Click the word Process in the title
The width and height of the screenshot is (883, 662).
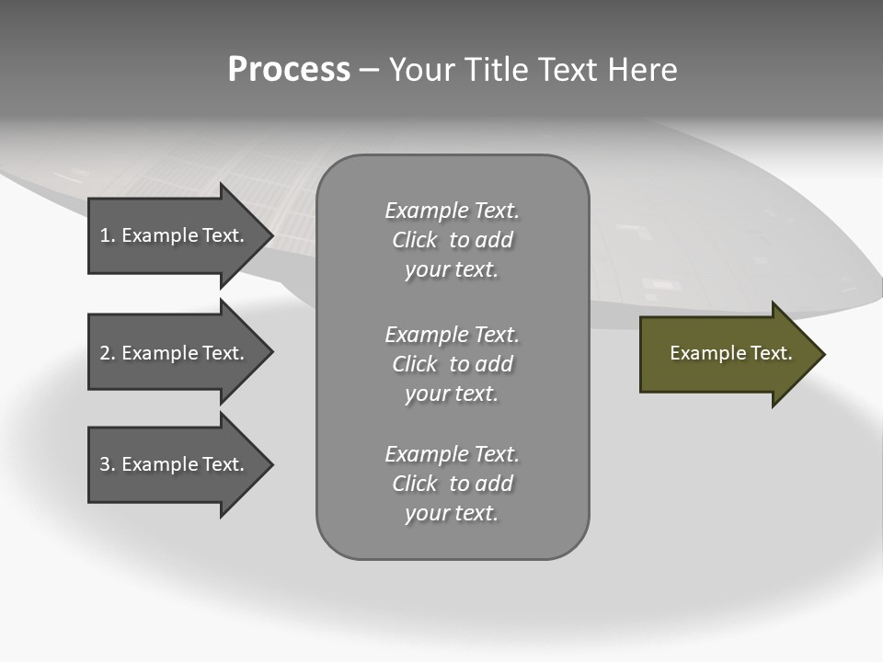click(x=289, y=70)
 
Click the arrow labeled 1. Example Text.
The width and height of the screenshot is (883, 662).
click(x=175, y=235)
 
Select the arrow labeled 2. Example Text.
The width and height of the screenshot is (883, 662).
click(x=175, y=353)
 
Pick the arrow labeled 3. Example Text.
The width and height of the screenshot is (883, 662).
click(x=175, y=465)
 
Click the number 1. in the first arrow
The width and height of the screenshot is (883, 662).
click(x=108, y=235)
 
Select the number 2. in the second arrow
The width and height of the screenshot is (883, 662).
click(x=108, y=353)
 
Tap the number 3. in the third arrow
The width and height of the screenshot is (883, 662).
click(x=108, y=465)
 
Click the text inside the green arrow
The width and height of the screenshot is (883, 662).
click(x=730, y=353)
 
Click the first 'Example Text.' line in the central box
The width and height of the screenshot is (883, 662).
click(x=452, y=211)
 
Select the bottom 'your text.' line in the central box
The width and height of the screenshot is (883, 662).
click(x=452, y=513)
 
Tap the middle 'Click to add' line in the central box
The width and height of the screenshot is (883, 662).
click(x=452, y=364)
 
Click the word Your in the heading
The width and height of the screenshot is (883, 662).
click(x=422, y=70)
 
